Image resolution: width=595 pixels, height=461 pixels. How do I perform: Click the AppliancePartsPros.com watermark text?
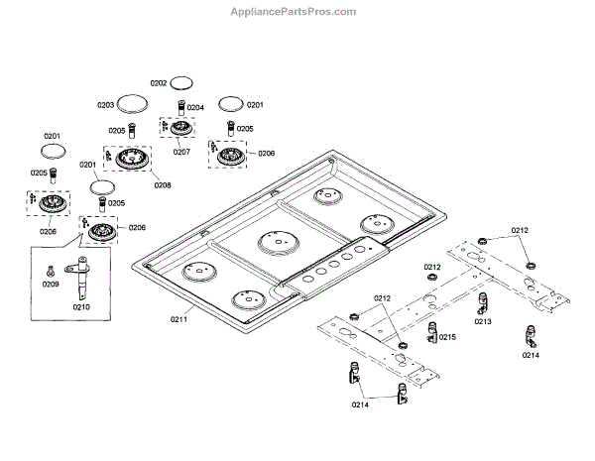[294, 13]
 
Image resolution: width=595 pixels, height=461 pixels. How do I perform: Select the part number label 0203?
[106, 104]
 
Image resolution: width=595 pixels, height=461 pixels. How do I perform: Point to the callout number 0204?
[195, 107]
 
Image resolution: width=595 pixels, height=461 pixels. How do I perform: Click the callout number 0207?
[181, 152]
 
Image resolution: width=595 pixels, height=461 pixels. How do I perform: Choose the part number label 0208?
[162, 184]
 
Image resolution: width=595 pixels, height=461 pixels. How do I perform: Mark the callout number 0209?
[51, 286]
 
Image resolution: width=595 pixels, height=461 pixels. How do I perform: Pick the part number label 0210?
[81, 306]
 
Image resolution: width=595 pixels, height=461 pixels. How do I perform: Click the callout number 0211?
[179, 319]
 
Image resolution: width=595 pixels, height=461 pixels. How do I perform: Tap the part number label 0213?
[483, 321]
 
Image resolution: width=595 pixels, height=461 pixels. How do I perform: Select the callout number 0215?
[448, 337]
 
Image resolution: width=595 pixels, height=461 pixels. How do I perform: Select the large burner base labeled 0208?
[132, 160]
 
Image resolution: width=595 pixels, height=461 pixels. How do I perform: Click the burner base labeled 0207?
[179, 129]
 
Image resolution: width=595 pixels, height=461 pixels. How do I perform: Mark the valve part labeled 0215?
[432, 332]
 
